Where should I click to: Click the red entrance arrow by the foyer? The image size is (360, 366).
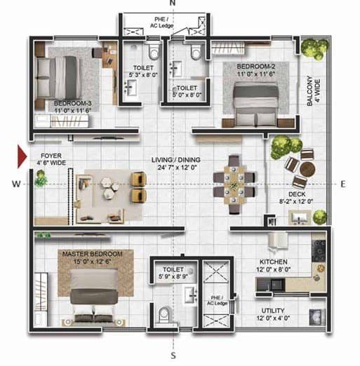pos(22,156)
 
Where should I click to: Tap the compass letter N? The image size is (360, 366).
pos(173,3)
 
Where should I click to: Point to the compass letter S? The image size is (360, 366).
pos(173,355)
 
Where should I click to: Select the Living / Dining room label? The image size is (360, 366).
pos(176,163)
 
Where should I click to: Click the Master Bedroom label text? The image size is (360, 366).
pos(93,257)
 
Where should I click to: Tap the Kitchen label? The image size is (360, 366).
pos(274,266)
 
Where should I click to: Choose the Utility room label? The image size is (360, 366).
pos(273,314)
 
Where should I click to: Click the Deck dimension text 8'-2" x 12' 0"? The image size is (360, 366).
pos(296,201)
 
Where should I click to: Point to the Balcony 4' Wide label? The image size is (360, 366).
pos(313,90)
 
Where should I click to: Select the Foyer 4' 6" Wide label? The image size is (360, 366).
pos(51,159)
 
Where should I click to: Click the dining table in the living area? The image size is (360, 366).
pos(234,184)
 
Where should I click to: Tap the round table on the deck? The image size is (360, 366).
pos(307,169)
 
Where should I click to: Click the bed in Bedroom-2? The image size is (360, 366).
pos(257,104)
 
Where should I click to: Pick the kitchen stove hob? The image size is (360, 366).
pos(319,250)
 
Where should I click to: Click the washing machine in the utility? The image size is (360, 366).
pos(317,317)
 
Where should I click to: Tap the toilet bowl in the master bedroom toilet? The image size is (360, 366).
pos(164,315)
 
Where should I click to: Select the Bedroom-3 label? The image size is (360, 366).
pos(72,107)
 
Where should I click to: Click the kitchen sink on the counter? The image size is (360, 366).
pos(276,285)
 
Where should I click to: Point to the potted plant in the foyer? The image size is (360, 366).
pos(41,179)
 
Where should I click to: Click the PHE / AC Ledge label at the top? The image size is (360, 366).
pos(161,22)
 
